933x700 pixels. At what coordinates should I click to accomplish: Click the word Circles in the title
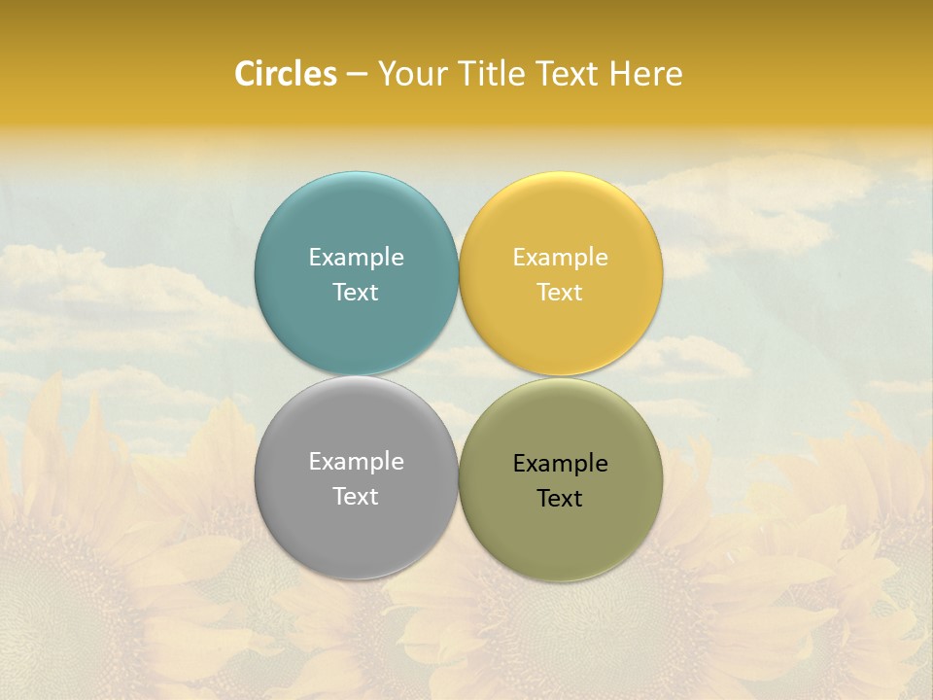(x=286, y=74)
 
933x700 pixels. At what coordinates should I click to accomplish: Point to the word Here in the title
(x=646, y=74)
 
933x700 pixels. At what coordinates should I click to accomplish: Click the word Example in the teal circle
(x=356, y=258)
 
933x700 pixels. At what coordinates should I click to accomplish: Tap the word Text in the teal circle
(x=356, y=293)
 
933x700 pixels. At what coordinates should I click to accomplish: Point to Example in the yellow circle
(x=560, y=258)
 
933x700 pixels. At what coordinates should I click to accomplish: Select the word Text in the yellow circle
(x=560, y=293)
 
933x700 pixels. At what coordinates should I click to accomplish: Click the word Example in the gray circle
(x=356, y=462)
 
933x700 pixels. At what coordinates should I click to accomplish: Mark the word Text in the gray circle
(x=356, y=497)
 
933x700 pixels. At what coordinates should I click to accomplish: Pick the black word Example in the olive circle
(x=560, y=464)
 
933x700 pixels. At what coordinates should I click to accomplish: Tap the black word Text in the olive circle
(x=560, y=499)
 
